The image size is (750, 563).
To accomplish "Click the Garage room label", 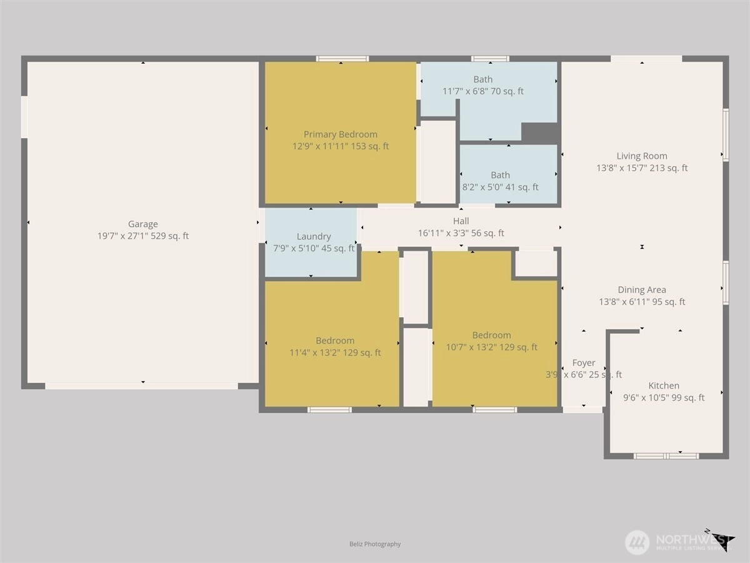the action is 143,224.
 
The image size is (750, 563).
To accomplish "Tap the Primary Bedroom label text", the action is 341,134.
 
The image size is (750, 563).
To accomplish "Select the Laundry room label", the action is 314,236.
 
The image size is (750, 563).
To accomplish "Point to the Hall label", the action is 461,221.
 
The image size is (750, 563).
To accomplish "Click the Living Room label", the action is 642,156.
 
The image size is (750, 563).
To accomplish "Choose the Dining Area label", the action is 642,290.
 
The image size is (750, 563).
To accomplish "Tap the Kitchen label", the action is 664,385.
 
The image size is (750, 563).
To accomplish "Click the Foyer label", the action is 584,363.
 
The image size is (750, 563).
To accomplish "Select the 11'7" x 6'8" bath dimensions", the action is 482,91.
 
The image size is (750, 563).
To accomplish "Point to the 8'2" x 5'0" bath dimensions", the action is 500,187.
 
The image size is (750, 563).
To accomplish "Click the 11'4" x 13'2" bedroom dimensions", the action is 335,352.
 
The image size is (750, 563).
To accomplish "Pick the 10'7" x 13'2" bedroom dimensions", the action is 491,347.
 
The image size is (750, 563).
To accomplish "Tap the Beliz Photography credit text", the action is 375,544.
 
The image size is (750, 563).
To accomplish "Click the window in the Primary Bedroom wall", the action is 342,59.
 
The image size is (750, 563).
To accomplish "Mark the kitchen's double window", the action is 666,456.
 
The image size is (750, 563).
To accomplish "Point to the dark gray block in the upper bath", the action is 539,132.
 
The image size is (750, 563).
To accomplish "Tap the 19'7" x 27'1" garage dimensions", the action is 143,236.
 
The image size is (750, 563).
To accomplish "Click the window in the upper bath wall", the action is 491,59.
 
